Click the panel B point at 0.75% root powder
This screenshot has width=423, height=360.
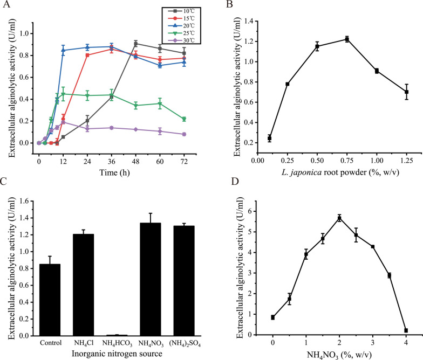[347, 39]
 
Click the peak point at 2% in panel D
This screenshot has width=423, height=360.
[339, 218]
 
